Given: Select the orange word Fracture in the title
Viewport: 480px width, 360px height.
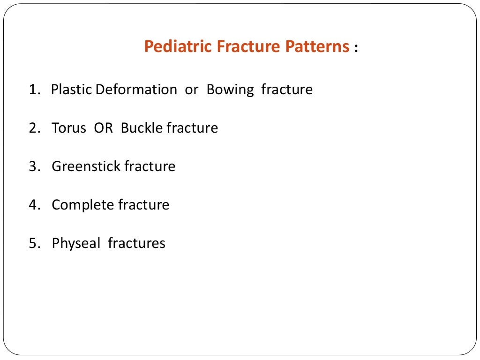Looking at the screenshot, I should click(x=240, y=47).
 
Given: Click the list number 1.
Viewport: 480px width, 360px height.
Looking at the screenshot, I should click(x=33, y=90).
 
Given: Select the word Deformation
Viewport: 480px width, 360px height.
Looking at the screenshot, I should click(x=136, y=90).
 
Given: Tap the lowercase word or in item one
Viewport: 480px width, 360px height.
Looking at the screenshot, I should click(x=192, y=90).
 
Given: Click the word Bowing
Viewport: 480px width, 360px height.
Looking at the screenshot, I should click(x=230, y=90).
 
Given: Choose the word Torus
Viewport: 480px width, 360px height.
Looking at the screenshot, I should click(x=69, y=128).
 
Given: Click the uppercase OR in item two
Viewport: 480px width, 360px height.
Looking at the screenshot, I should click(x=104, y=128).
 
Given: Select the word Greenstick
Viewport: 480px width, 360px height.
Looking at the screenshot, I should click(x=86, y=166).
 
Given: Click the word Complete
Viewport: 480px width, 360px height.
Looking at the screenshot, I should click(x=82, y=205).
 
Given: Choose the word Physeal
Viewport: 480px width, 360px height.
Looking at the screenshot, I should click(x=75, y=243).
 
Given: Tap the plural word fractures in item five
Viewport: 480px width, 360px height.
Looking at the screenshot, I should click(x=136, y=243).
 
